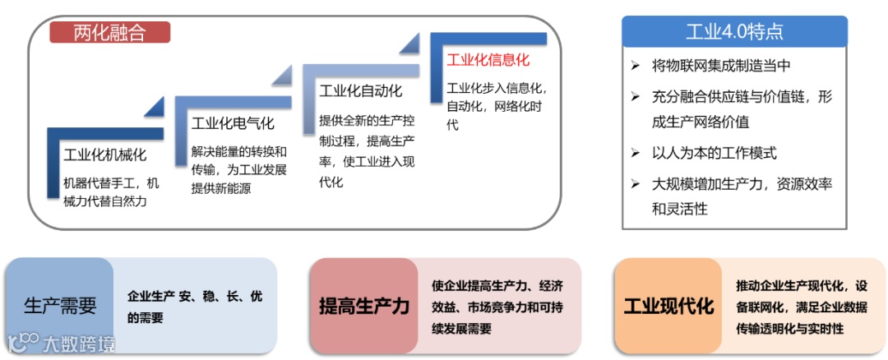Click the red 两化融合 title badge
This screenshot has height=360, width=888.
(x=109, y=32)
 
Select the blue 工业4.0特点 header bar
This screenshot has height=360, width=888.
(x=734, y=32)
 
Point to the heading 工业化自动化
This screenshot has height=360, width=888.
(x=360, y=90)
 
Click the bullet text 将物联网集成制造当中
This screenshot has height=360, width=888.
(x=722, y=66)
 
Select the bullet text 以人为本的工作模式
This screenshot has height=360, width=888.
(x=715, y=153)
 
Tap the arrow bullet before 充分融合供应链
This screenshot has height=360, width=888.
(x=636, y=97)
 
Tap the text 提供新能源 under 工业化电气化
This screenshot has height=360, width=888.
(x=221, y=189)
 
